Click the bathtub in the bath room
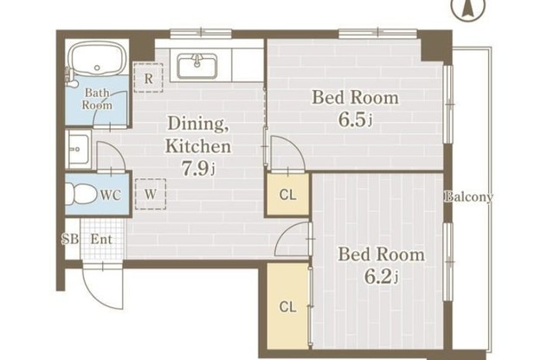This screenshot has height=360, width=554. coord(97,58)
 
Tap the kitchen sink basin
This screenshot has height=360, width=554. coord(196,66)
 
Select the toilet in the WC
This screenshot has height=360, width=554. coord(81,194)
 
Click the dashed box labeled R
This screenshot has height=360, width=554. coord(148,78)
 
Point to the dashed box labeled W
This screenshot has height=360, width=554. coord(151,194)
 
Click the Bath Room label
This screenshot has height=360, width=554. coord(97,99)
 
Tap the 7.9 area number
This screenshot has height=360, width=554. coord(198,168)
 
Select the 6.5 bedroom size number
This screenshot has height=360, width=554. coord(355,120)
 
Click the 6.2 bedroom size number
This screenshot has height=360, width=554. coord(381,277)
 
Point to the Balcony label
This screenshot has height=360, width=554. coord(468,196)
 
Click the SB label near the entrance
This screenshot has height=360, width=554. coord(70,239)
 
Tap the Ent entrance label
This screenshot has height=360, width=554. coord(101,239)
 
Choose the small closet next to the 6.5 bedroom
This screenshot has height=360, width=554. coord(287,194)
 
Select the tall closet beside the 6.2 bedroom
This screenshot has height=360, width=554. coord(287,306)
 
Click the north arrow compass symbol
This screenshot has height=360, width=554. coord(468,7)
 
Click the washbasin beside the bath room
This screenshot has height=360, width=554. coord(78,150)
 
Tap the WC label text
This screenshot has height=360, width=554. coord(110,195)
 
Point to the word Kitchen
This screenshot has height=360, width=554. coord(198,146)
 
